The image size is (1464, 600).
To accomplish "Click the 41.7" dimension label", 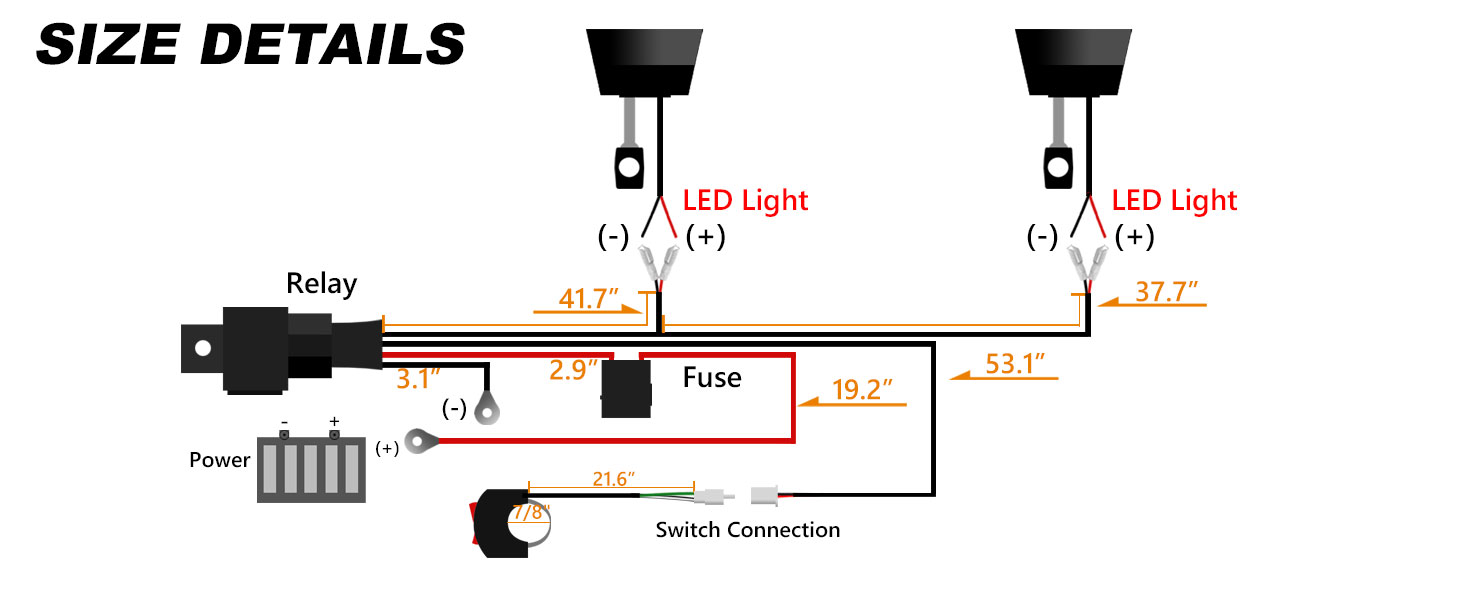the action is (588, 298).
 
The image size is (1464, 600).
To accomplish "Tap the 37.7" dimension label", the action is (1167, 291).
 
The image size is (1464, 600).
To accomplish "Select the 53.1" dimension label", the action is (1015, 363).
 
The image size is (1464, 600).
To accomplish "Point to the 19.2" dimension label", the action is (862, 390).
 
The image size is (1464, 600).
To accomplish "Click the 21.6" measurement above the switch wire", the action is (613, 479).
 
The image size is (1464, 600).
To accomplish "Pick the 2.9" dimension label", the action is (573, 370).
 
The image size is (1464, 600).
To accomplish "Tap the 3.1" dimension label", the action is (418, 378).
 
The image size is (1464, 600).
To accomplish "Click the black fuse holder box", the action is (626, 388).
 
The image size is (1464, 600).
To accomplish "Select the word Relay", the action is (322, 284).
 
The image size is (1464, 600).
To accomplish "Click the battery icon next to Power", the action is (311, 465).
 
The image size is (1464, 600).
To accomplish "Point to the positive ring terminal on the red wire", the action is (422, 441).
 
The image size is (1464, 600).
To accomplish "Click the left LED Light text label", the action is (745, 201).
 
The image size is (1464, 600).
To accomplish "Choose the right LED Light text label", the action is (1174, 201).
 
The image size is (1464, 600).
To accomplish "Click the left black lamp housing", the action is (644, 62).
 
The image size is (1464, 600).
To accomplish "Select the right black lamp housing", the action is (1073, 62).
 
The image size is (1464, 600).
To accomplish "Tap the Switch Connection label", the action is (748, 529).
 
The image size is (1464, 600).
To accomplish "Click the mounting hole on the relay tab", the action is (203, 348).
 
